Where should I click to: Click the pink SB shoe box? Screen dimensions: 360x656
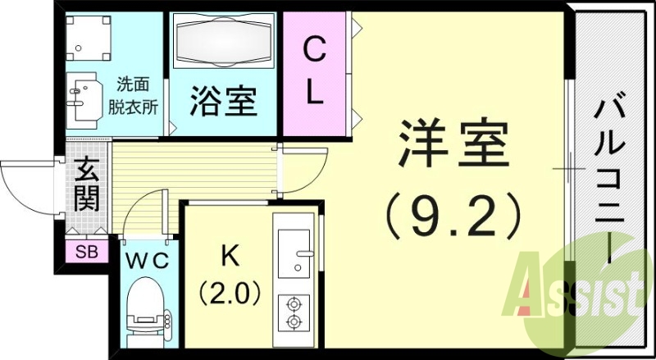pos(86,252)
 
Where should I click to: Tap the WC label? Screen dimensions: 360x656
pos(147,261)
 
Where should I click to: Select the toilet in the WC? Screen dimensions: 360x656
pos(147,312)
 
